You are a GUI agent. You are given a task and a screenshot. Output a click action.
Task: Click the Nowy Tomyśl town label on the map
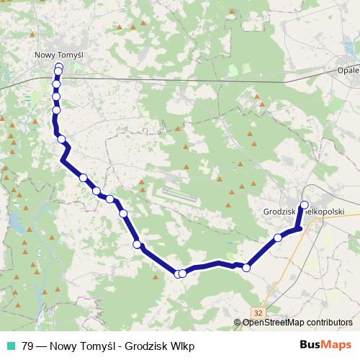[x=59, y=54]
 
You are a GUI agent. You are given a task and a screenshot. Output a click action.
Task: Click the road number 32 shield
[x=258, y=313]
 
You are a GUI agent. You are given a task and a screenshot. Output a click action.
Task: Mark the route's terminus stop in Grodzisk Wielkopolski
[x=304, y=204]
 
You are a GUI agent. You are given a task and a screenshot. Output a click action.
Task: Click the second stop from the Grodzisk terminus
[x=278, y=238]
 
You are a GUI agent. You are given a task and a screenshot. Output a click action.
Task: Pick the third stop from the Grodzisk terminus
[x=246, y=268]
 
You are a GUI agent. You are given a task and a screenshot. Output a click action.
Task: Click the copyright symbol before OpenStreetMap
[x=238, y=323]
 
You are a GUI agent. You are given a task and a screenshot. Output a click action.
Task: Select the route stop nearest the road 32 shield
[x=246, y=268]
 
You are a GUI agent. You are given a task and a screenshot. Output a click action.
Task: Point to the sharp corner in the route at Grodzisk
[x=298, y=230]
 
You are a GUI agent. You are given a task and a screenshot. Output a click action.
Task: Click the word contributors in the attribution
[x=328, y=323]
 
